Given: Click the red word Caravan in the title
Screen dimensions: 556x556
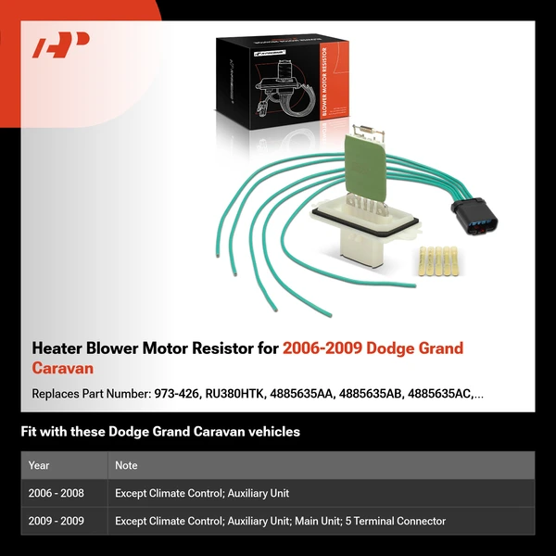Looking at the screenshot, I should click(62, 368).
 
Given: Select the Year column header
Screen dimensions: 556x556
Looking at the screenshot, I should click(39, 465).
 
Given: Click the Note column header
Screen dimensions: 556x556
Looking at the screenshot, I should click(126, 465).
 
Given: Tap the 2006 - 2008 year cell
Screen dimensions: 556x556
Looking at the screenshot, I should click(56, 493).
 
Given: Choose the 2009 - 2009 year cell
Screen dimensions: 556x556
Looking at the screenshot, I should click(56, 521).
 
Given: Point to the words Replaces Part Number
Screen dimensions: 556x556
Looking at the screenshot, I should click(89, 394).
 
